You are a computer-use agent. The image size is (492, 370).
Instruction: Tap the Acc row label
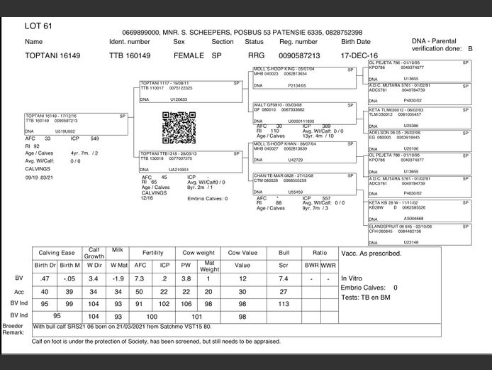[19, 291]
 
